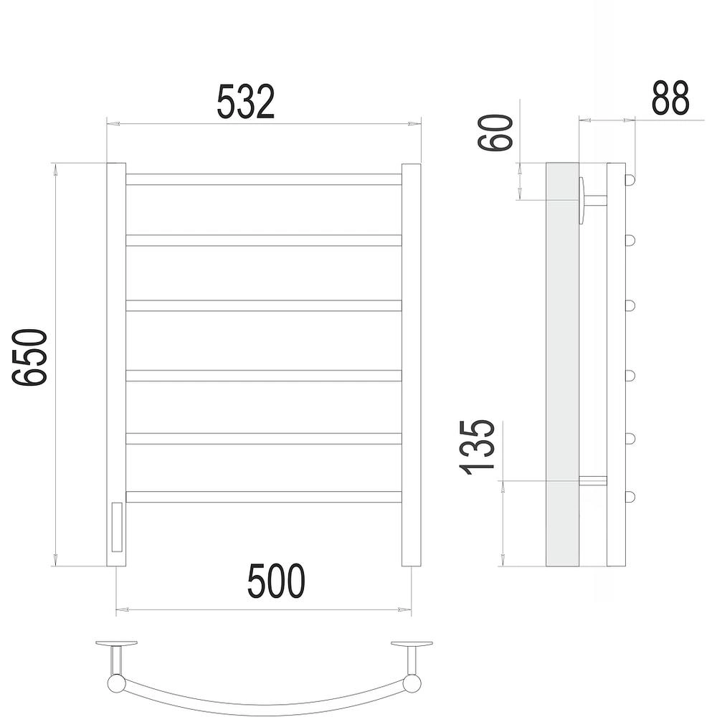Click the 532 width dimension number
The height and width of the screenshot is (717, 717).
click(245, 102)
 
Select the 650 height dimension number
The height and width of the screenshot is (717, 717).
click(29, 357)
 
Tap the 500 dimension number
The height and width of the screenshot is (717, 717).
click(276, 581)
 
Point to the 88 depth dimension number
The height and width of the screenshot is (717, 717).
click(670, 98)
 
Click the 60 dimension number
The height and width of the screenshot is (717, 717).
click(495, 133)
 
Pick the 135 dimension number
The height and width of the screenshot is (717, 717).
click(478, 447)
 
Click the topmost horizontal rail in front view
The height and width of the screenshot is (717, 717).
click(264, 179)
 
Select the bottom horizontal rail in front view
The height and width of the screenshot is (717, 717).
click(264, 497)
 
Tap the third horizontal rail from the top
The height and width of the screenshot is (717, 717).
click(264, 305)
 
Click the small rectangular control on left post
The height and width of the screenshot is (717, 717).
click(117, 527)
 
